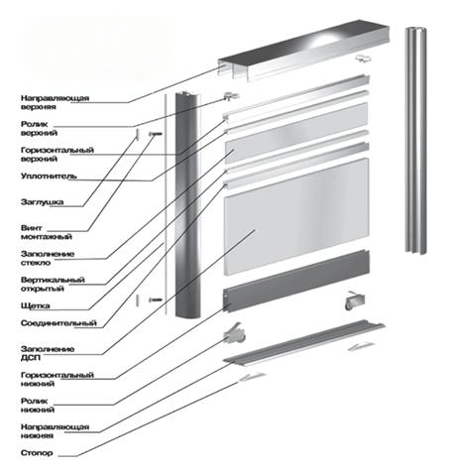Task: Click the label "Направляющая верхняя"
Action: pos(55,102)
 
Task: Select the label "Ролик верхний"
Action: pos(39,128)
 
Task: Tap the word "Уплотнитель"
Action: pos(49,176)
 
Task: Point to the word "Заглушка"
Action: pos(42,201)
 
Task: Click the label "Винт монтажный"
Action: pos(47,232)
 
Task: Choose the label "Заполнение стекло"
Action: pos(48,258)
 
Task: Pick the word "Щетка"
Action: pos(35,305)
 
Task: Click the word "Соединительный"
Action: pos(58,323)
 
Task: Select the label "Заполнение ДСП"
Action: pos(48,353)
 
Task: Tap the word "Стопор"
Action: pos(37,452)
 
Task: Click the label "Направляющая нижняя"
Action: pos(55,431)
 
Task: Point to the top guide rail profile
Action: pos(303,50)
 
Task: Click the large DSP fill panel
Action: pos(296,216)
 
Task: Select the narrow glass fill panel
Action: pos(296,133)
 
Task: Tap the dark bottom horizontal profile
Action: pos(296,282)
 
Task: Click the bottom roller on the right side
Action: pos(354,300)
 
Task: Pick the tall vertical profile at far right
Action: pos(415,141)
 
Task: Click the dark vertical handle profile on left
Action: pos(187,205)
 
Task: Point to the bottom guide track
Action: pos(304,343)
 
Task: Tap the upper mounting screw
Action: pos(156,134)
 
